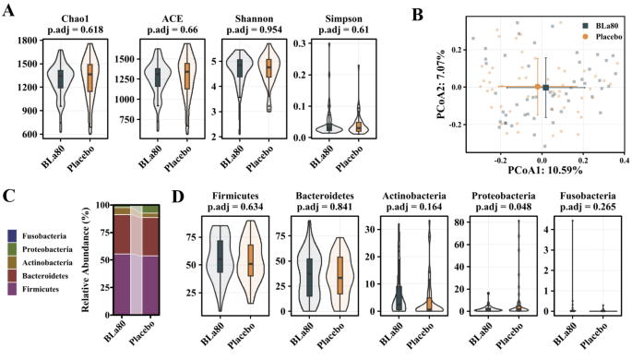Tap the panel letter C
click(x=8, y=195)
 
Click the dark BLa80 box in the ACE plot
click(x=159, y=78)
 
